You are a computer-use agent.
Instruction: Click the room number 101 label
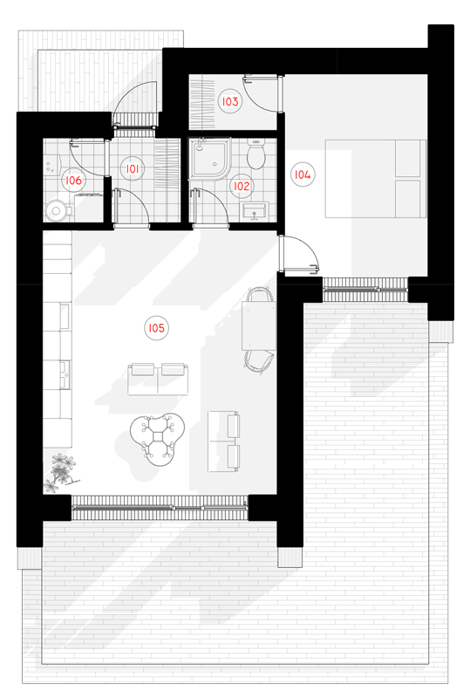coord(133,168)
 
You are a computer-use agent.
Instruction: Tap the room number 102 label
coord(242,186)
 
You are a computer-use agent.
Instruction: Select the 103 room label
coord(230,101)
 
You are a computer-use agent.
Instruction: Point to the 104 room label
coord(303,174)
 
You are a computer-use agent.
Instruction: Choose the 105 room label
coord(156,328)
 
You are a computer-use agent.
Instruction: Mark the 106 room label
coord(73,181)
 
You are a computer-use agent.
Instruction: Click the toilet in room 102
coord(255,154)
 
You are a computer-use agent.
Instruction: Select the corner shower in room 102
coord(209,158)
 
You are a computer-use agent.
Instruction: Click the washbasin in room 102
coord(254,210)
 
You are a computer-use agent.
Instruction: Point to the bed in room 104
coord(375,179)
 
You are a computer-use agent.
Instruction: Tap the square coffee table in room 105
coord(158,437)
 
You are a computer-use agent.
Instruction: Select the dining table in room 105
coord(259,325)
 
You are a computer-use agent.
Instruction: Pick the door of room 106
coord(89,157)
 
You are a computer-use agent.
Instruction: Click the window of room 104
coord(365,290)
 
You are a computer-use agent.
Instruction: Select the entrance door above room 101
coord(135,103)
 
